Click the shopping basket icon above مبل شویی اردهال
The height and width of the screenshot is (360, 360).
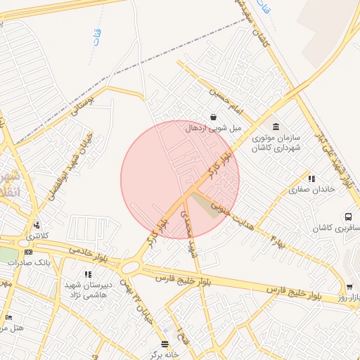click(x=213, y=117)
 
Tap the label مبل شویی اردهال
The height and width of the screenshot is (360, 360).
click(x=213, y=129)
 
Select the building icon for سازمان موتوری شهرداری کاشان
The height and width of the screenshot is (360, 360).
click(x=275, y=127)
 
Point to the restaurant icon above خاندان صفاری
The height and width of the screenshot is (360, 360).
click(x=311, y=179)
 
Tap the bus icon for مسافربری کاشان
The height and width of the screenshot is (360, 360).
click(x=348, y=217)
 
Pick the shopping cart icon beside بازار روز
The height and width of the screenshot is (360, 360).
click(x=349, y=287)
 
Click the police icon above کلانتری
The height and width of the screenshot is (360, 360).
click(x=36, y=226)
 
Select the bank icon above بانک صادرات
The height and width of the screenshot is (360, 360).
click(x=27, y=251)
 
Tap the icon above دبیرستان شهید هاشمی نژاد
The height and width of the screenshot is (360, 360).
click(x=87, y=274)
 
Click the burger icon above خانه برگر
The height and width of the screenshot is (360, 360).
click(x=165, y=344)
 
